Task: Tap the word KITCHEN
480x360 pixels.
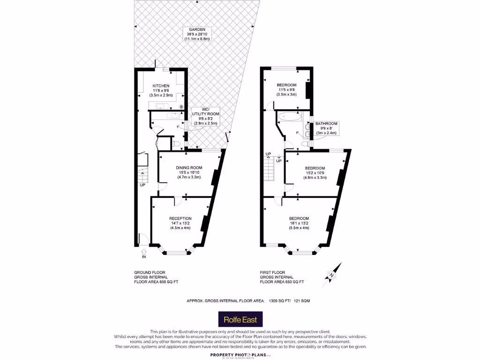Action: pyautogui.click(x=161, y=86)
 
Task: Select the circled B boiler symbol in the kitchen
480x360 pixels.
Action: pyautogui.click(x=181, y=107)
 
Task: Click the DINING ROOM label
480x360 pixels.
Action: pyautogui.click(x=189, y=168)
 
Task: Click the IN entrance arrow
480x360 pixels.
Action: pyautogui.click(x=144, y=254)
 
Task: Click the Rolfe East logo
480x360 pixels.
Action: pyautogui.click(x=240, y=320)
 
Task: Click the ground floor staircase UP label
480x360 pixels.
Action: pyautogui.click(x=142, y=185)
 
